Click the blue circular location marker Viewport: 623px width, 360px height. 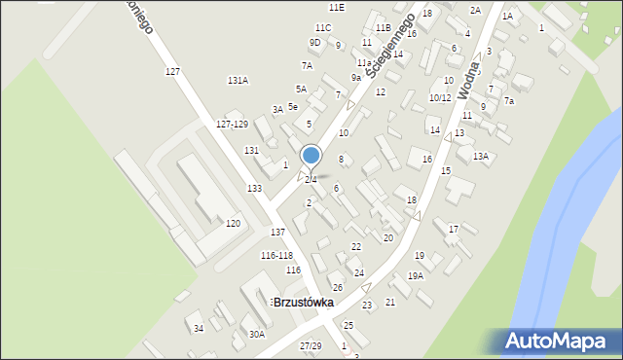(311, 155)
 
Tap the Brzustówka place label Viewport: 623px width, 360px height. (303, 303)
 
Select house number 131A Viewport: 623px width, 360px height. (238, 80)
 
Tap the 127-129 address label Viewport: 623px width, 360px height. (232, 125)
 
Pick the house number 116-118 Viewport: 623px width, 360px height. (276, 255)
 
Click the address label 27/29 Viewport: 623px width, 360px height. (311, 346)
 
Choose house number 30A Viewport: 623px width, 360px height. (256, 334)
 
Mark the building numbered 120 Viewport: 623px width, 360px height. (233, 224)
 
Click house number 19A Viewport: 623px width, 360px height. (416, 276)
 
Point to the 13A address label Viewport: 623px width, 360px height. (480, 156)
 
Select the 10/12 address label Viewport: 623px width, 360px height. (440, 97)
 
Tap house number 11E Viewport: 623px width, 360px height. (337, 7)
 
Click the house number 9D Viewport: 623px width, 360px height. (314, 43)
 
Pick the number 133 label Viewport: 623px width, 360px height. (254, 188)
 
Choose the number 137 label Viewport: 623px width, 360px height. (277, 232)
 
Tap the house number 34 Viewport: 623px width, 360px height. (199, 328)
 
